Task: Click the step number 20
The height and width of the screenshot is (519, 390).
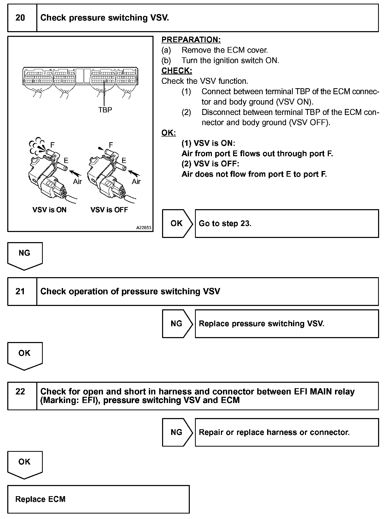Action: pyautogui.click(x=20, y=18)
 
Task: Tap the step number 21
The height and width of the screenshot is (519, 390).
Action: pyautogui.click(x=20, y=291)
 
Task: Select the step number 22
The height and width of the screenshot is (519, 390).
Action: pyautogui.click(x=20, y=391)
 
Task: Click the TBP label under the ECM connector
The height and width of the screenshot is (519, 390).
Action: pyautogui.click(x=105, y=110)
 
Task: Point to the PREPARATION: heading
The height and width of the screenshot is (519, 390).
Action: pyautogui.click(x=191, y=40)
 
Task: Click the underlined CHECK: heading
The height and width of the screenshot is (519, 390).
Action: pyautogui.click(x=177, y=71)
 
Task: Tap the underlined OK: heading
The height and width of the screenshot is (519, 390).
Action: pyautogui.click(x=169, y=133)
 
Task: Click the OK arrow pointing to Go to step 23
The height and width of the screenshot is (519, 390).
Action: pyautogui.click(x=177, y=223)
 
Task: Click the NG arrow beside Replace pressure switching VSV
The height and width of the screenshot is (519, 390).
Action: pyautogui.click(x=177, y=324)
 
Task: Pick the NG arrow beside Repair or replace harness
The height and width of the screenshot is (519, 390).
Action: pyautogui.click(x=177, y=432)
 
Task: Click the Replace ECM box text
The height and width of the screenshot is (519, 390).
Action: pyautogui.click(x=40, y=499)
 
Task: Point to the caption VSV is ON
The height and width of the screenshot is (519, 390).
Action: pyautogui.click(x=50, y=210)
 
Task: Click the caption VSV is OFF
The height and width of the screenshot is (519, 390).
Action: pyautogui.click(x=109, y=210)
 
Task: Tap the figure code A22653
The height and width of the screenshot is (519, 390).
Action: pyautogui.click(x=144, y=228)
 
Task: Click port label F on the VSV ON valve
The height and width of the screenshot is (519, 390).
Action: pyautogui.click(x=52, y=145)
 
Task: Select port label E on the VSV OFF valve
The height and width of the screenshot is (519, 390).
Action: pyautogui.click(x=124, y=161)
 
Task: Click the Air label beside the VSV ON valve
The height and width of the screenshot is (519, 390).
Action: pyautogui.click(x=77, y=181)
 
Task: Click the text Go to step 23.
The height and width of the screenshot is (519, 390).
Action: pyautogui.click(x=225, y=223)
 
